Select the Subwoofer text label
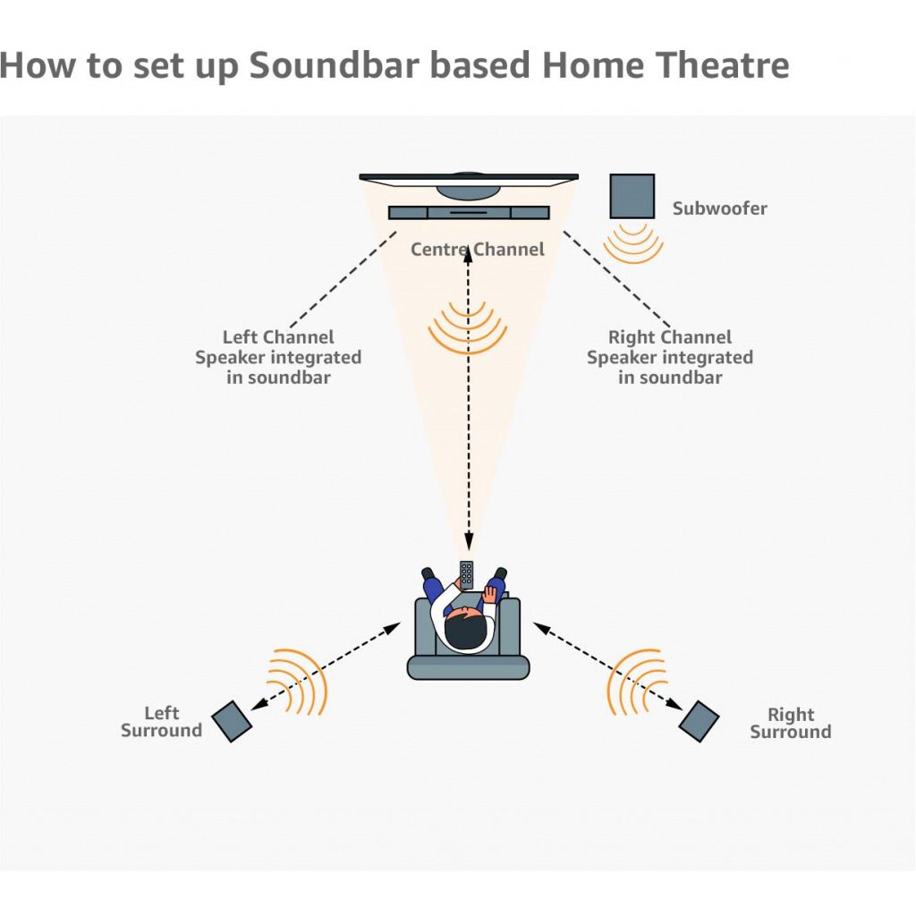point(719,208)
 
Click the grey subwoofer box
point(632,196)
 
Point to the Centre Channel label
point(477,249)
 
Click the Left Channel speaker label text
point(278,357)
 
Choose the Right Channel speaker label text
point(669,357)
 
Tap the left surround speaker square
point(233,721)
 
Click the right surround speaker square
point(699,721)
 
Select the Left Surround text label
point(161,722)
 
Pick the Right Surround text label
point(790,723)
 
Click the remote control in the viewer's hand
point(466,573)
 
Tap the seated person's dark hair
point(466,631)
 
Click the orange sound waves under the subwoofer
point(632,242)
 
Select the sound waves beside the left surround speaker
point(298,681)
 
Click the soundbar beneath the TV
point(469,212)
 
